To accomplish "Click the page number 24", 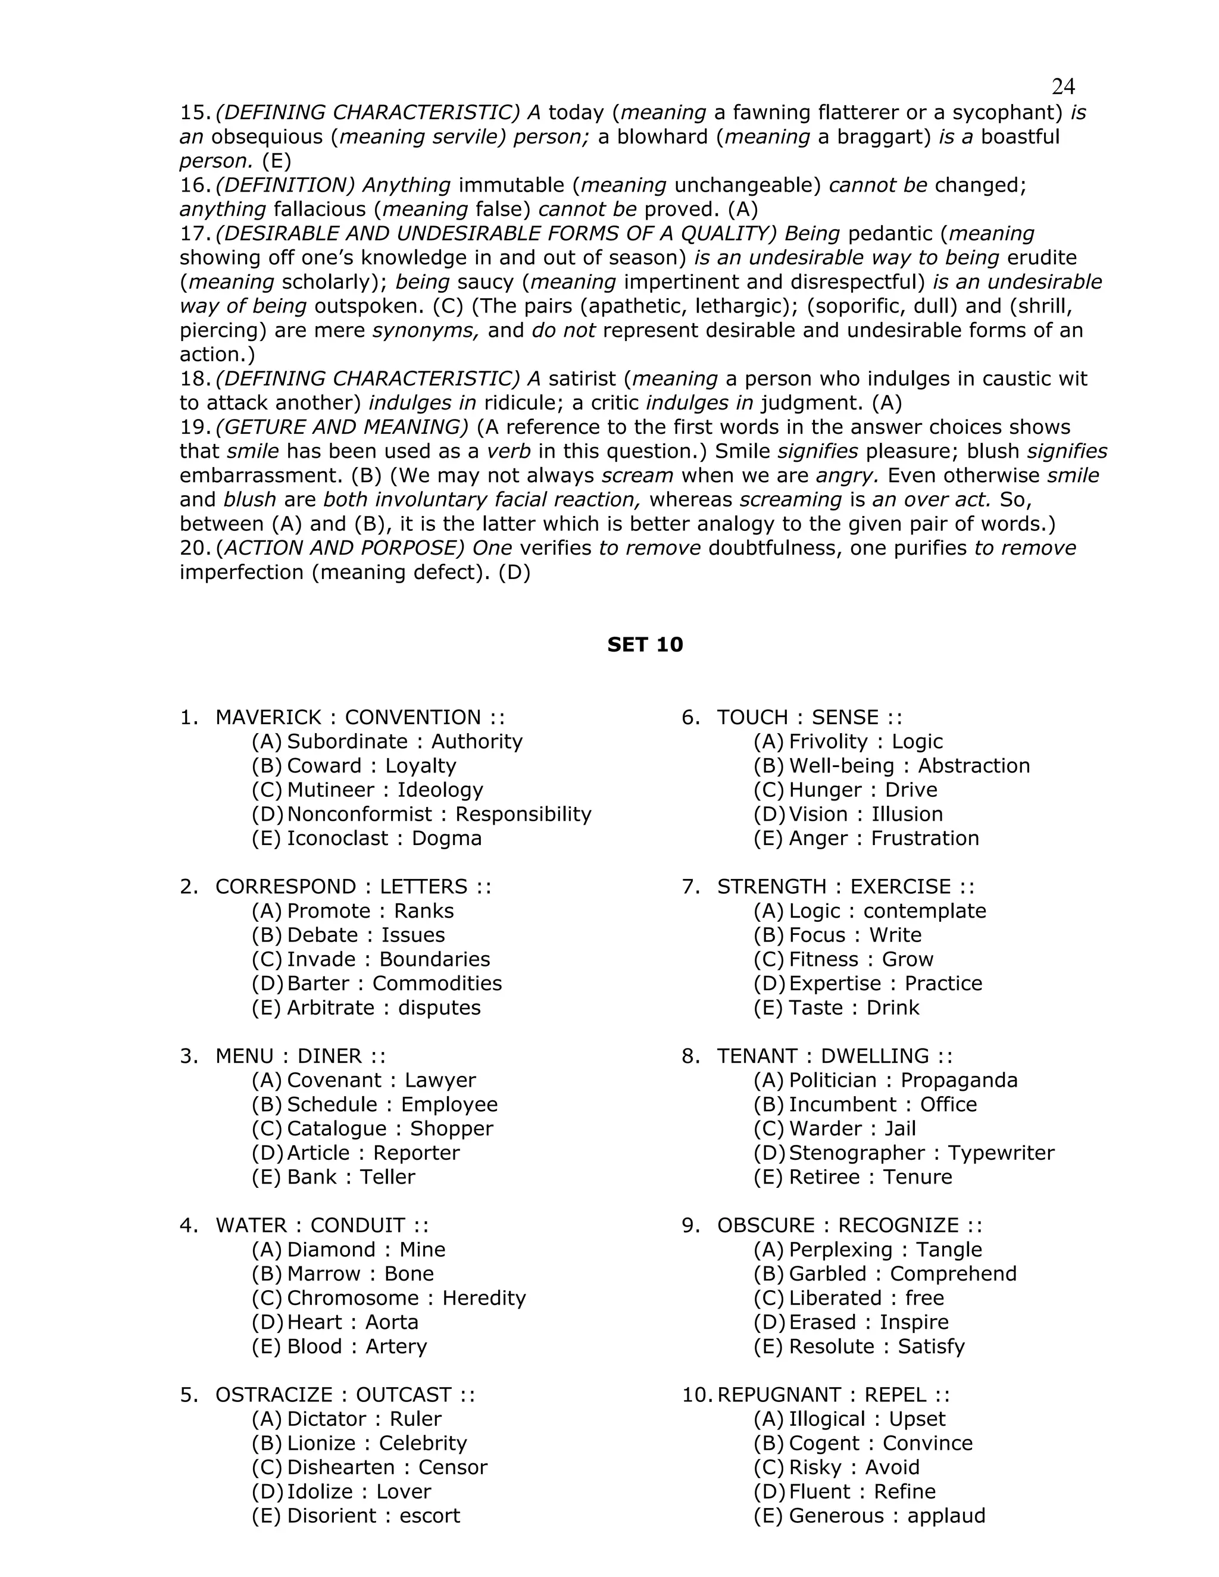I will tap(1063, 87).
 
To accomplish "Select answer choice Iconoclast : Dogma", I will tap(383, 838).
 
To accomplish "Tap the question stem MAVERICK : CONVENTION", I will tap(359, 718).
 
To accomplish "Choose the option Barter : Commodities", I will tap(393, 984).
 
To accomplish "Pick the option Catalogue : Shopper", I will tap(389, 1128).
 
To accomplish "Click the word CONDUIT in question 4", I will tap(358, 1225).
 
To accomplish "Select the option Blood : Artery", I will tap(356, 1347).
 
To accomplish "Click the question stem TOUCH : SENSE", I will tap(809, 718).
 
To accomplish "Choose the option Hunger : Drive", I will tap(862, 790).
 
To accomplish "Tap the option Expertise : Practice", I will tap(884, 984).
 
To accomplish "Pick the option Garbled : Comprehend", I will tap(902, 1274).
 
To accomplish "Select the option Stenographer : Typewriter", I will tap(921, 1153).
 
